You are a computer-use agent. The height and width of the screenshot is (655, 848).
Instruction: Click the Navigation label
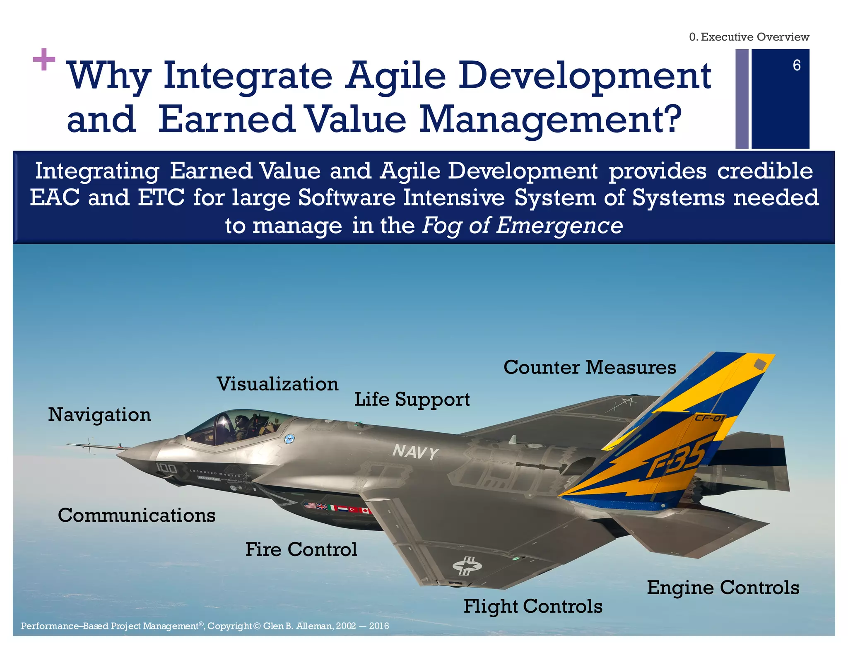coord(99,415)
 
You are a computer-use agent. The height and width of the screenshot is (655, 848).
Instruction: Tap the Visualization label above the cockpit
coord(277,384)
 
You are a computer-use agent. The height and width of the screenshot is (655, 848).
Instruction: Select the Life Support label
coord(412,400)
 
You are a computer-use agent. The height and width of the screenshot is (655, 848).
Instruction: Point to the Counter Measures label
coord(589,367)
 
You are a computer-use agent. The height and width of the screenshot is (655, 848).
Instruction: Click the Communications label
coord(137,515)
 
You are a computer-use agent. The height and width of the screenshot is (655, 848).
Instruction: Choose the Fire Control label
coord(301,549)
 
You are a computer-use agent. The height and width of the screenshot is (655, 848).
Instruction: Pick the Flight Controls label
coord(532,607)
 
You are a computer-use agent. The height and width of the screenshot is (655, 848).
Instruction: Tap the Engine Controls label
coord(723,588)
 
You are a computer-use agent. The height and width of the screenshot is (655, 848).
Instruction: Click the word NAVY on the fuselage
coord(415,452)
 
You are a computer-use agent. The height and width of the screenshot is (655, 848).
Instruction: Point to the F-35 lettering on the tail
coord(676,459)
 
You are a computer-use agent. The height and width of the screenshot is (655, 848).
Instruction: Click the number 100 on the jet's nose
coord(166,468)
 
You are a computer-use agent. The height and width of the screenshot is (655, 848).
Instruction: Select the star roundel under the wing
coord(467,566)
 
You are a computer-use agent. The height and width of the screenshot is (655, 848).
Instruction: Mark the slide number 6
coord(796,65)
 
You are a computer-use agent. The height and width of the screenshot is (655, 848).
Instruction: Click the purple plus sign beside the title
coord(44,60)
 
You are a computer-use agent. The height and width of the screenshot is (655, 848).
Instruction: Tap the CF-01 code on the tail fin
coord(709,418)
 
